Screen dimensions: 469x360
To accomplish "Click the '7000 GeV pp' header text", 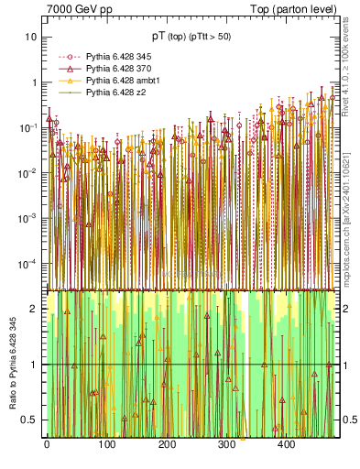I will pos(79,7).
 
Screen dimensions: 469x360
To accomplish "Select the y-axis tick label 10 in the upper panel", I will pos(31,37).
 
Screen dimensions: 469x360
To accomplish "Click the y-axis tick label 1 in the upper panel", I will pos(34,82).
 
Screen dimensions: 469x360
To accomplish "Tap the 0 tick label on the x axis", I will pos(47,445).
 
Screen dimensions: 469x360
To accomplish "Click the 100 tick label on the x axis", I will pos(106,445).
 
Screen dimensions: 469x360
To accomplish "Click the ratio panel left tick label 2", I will pos(34,309).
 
